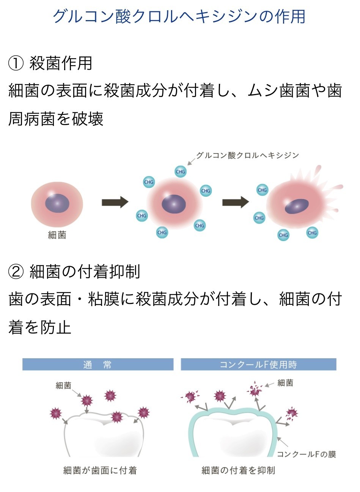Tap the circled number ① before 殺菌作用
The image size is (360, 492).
click(16, 63)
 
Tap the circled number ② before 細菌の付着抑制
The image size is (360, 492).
click(16, 272)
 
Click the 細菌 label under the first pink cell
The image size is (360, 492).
click(57, 235)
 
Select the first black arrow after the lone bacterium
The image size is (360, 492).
click(115, 202)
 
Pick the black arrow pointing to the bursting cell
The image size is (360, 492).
click(235, 202)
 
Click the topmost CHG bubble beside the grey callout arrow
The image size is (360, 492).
click(181, 172)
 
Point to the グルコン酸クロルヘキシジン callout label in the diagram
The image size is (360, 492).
click(247, 155)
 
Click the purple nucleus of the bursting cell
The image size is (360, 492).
click(297, 206)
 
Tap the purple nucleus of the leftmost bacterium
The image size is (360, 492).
click(57, 204)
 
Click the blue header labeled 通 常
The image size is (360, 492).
click(97, 365)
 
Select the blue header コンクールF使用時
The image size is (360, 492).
click(258, 365)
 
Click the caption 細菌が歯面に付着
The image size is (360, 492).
click(100, 471)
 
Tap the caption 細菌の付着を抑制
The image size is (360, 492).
click(238, 471)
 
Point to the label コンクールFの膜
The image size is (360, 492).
click(306, 454)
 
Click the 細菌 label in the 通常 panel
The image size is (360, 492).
click(63, 385)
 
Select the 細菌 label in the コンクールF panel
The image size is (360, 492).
click(285, 383)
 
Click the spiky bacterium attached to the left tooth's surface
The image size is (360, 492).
click(117, 417)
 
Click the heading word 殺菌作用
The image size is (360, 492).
click(61, 63)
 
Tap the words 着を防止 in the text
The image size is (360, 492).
click(40, 327)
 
